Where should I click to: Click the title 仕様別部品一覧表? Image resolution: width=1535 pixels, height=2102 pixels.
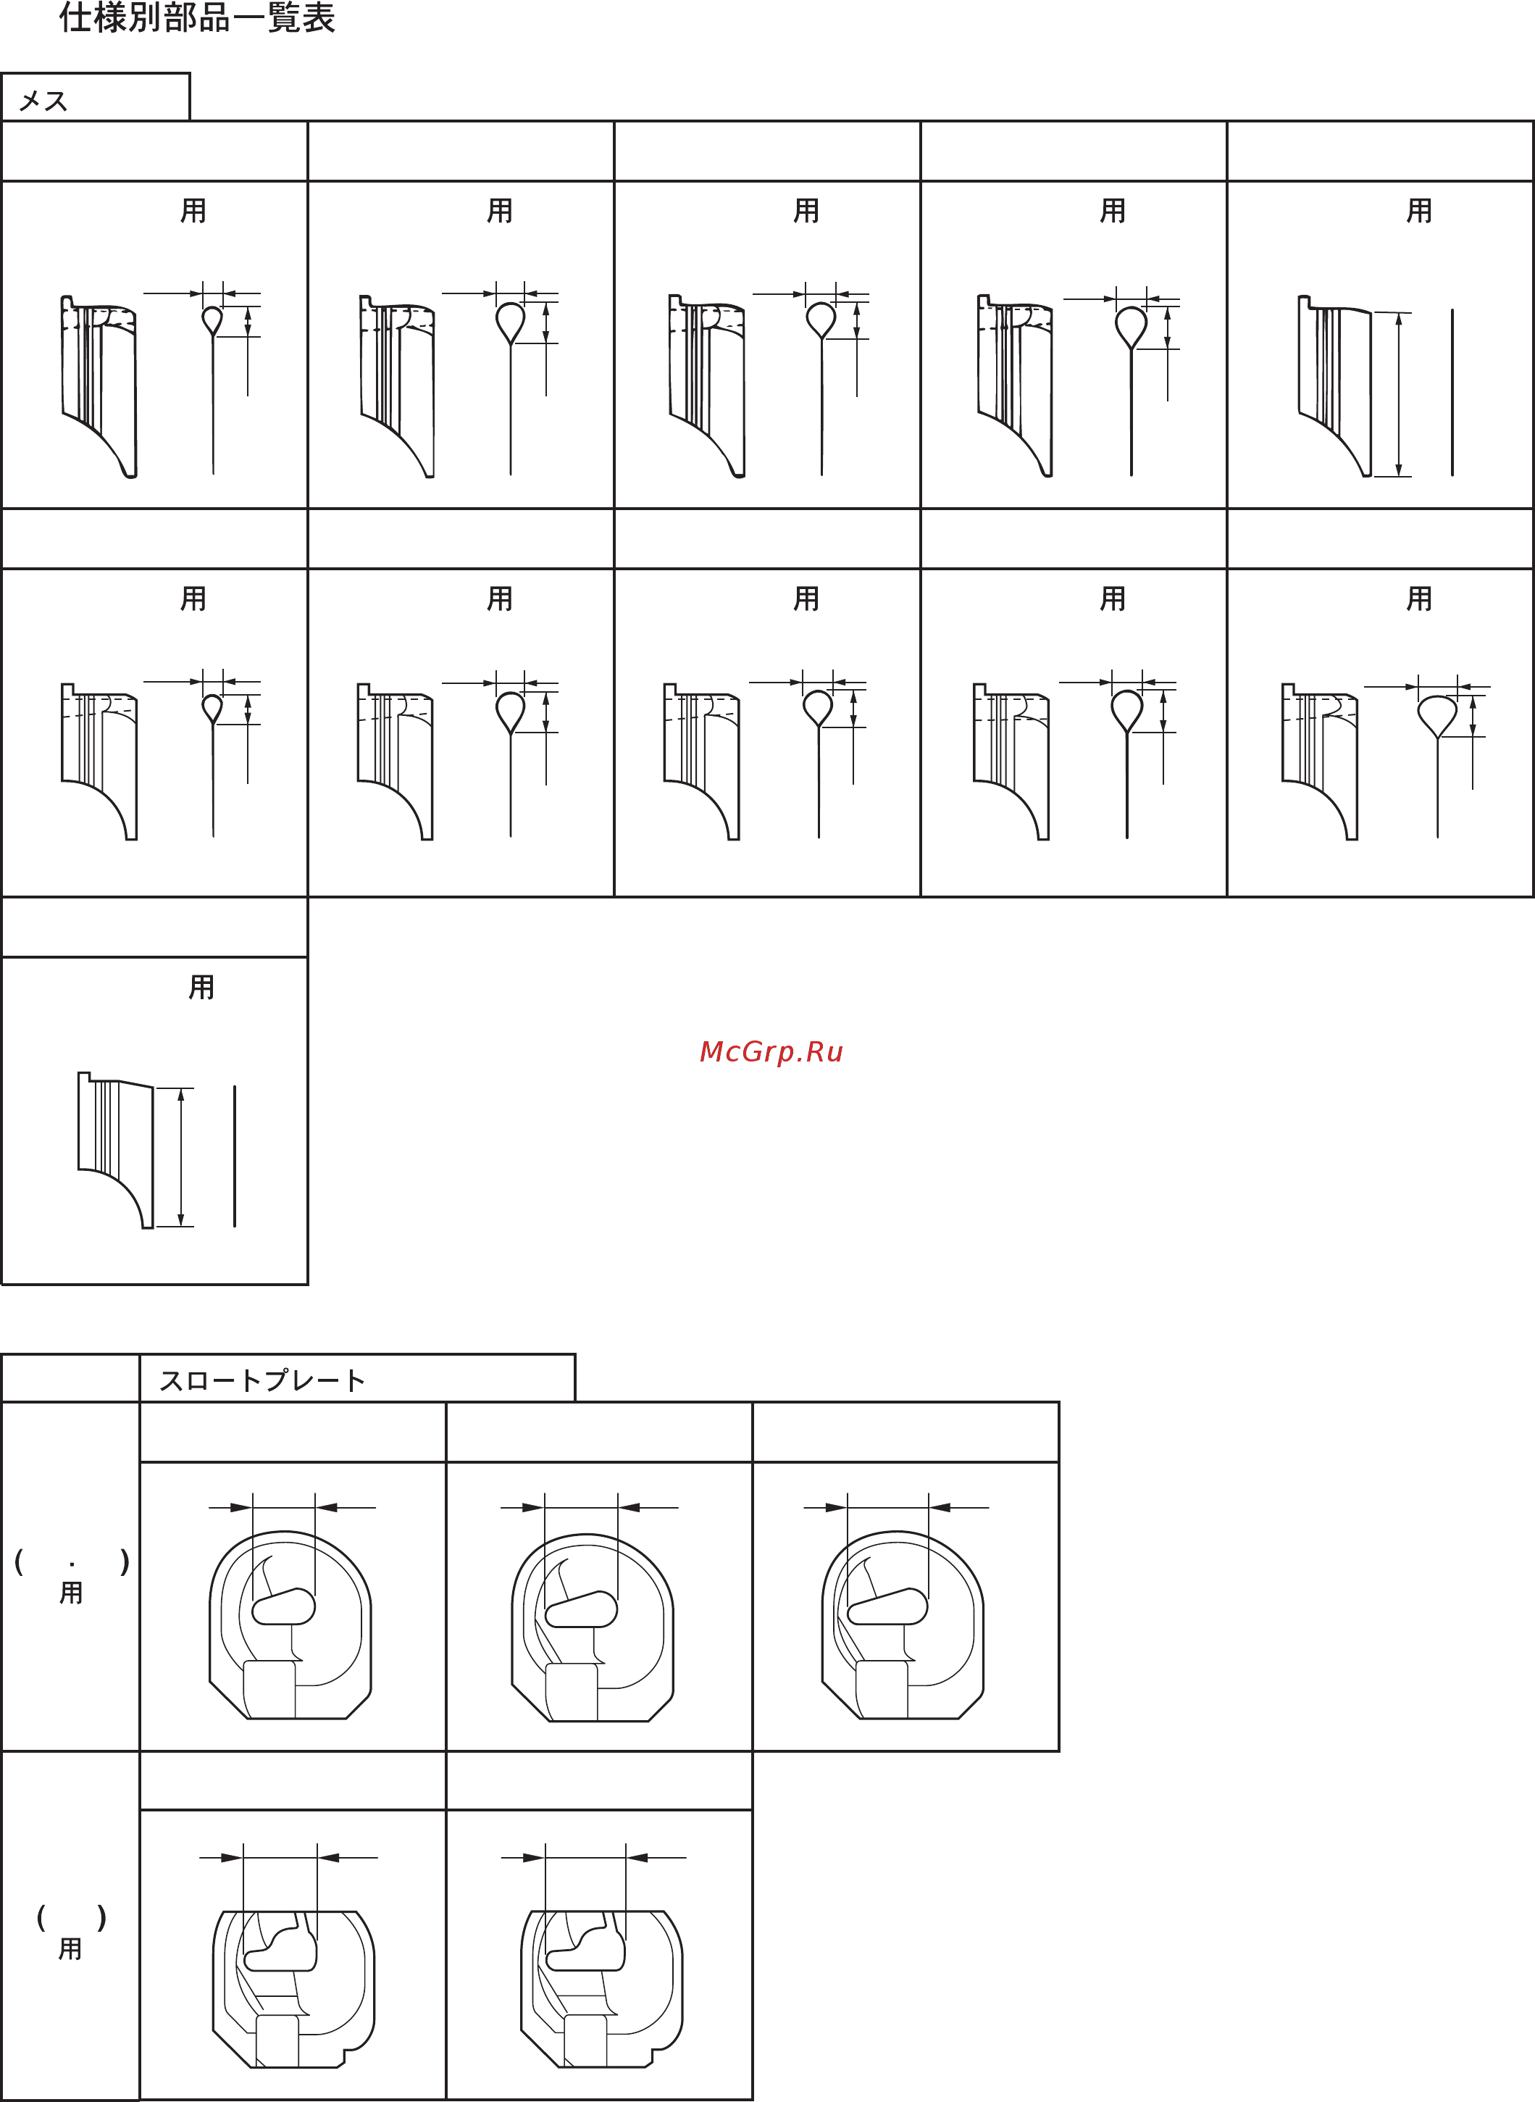pyautogui.click(x=197, y=19)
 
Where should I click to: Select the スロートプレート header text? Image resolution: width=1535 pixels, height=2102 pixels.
pyautogui.click(x=262, y=1381)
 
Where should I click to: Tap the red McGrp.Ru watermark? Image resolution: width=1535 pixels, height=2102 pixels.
pyautogui.click(x=770, y=1052)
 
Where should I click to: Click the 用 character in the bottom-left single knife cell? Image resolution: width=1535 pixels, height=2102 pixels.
pyautogui.click(x=201, y=987)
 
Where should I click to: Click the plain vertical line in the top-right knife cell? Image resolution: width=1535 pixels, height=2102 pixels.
pyautogui.click(x=1452, y=392)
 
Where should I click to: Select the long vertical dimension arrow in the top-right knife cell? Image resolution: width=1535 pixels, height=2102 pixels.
pyautogui.click(x=1398, y=394)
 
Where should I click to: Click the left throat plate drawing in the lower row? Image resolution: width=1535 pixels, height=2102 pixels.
pyautogui.click(x=293, y=1989)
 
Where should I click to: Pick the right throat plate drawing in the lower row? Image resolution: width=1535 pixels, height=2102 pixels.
pyautogui.click(x=601, y=1989)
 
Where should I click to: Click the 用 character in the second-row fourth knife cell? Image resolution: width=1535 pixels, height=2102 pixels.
pyautogui.click(x=1112, y=599)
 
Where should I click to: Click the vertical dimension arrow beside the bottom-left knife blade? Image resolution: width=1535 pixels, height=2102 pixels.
pyautogui.click(x=181, y=1157)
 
